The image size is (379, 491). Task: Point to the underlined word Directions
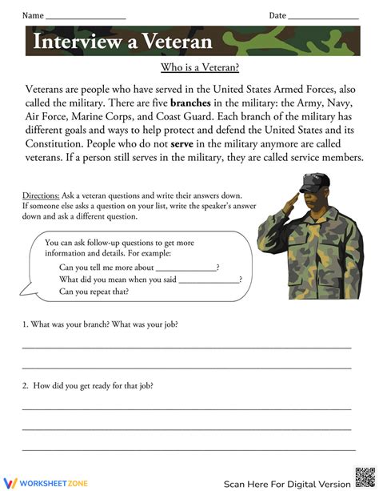(x=40, y=195)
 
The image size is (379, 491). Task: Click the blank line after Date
(x=323, y=16)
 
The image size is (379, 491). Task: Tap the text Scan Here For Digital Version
(x=286, y=484)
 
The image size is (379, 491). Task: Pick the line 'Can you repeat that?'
(x=94, y=292)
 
